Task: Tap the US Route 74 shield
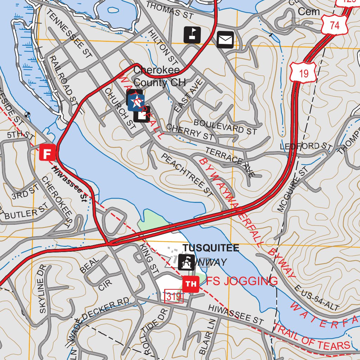[334, 25]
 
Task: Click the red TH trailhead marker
[191, 284]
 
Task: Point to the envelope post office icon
[225, 39]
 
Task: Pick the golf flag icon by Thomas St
[192, 35]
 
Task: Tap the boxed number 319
[174, 297]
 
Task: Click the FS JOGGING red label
[242, 281]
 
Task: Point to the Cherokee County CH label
[156, 76]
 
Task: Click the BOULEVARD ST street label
[225, 127]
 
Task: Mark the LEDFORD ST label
[306, 146]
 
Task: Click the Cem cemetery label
[309, 12]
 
